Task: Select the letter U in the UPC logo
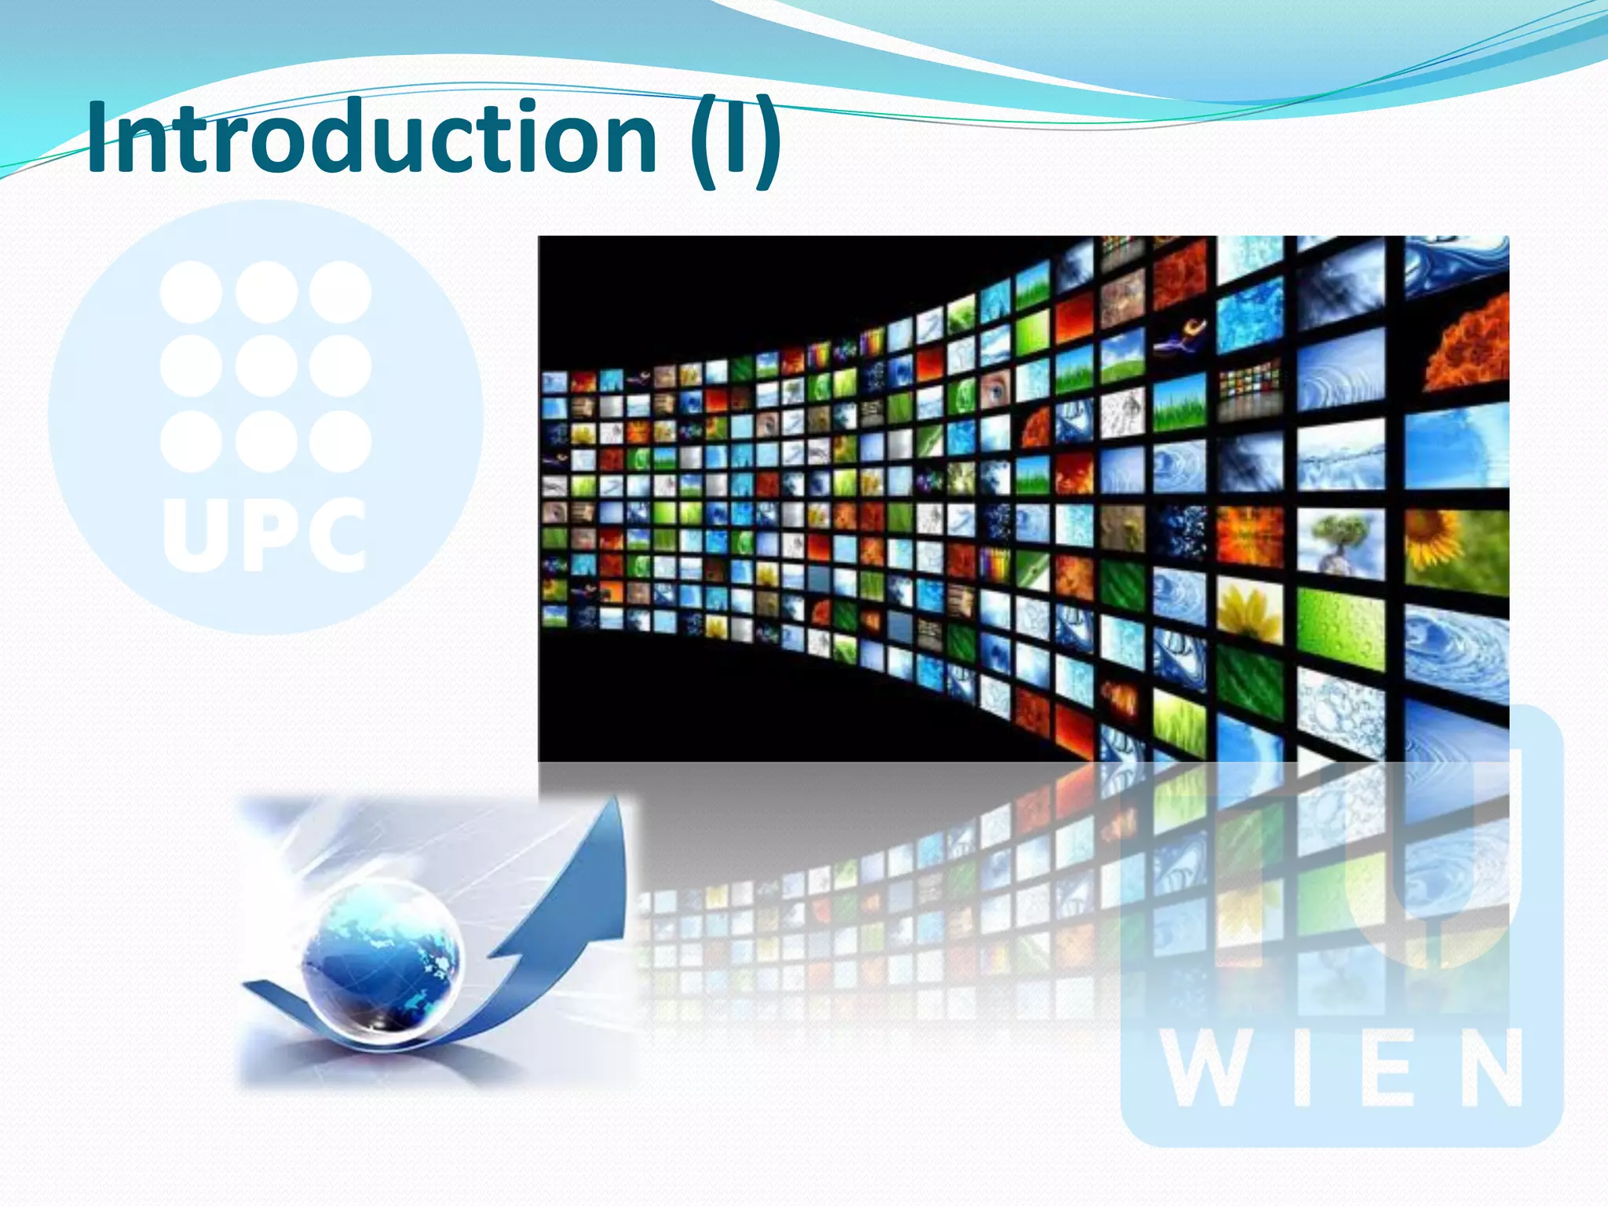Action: pyautogui.click(x=192, y=534)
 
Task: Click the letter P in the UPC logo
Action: pyautogui.click(x=267, y=534)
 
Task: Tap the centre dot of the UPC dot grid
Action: pyautogui.click(x=266, y=366)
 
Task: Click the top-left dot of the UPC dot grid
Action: pyautogui.click(x=191, y=292)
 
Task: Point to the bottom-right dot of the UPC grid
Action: pyautogui.click(x=340, y=440)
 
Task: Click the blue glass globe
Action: pyautogui.click(x=382, y=955)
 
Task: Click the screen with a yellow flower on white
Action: pyautogui.click(x=1249, y=608)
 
